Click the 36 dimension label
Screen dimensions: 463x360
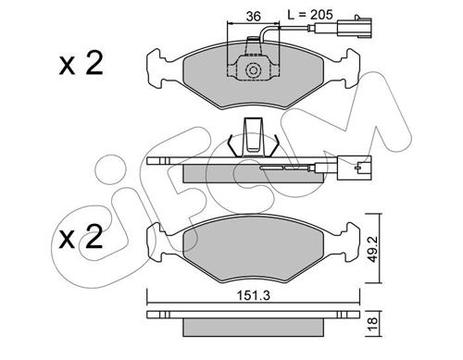coord(254,16)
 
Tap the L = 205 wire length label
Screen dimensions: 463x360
coord(310,14)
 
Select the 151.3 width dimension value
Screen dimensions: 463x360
coord(253,295)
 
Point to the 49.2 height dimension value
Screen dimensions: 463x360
coord(373,248)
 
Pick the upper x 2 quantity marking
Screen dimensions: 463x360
coord(81,64)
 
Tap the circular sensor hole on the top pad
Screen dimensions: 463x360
coord(253,70)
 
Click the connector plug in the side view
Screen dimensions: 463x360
coord(355,168)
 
